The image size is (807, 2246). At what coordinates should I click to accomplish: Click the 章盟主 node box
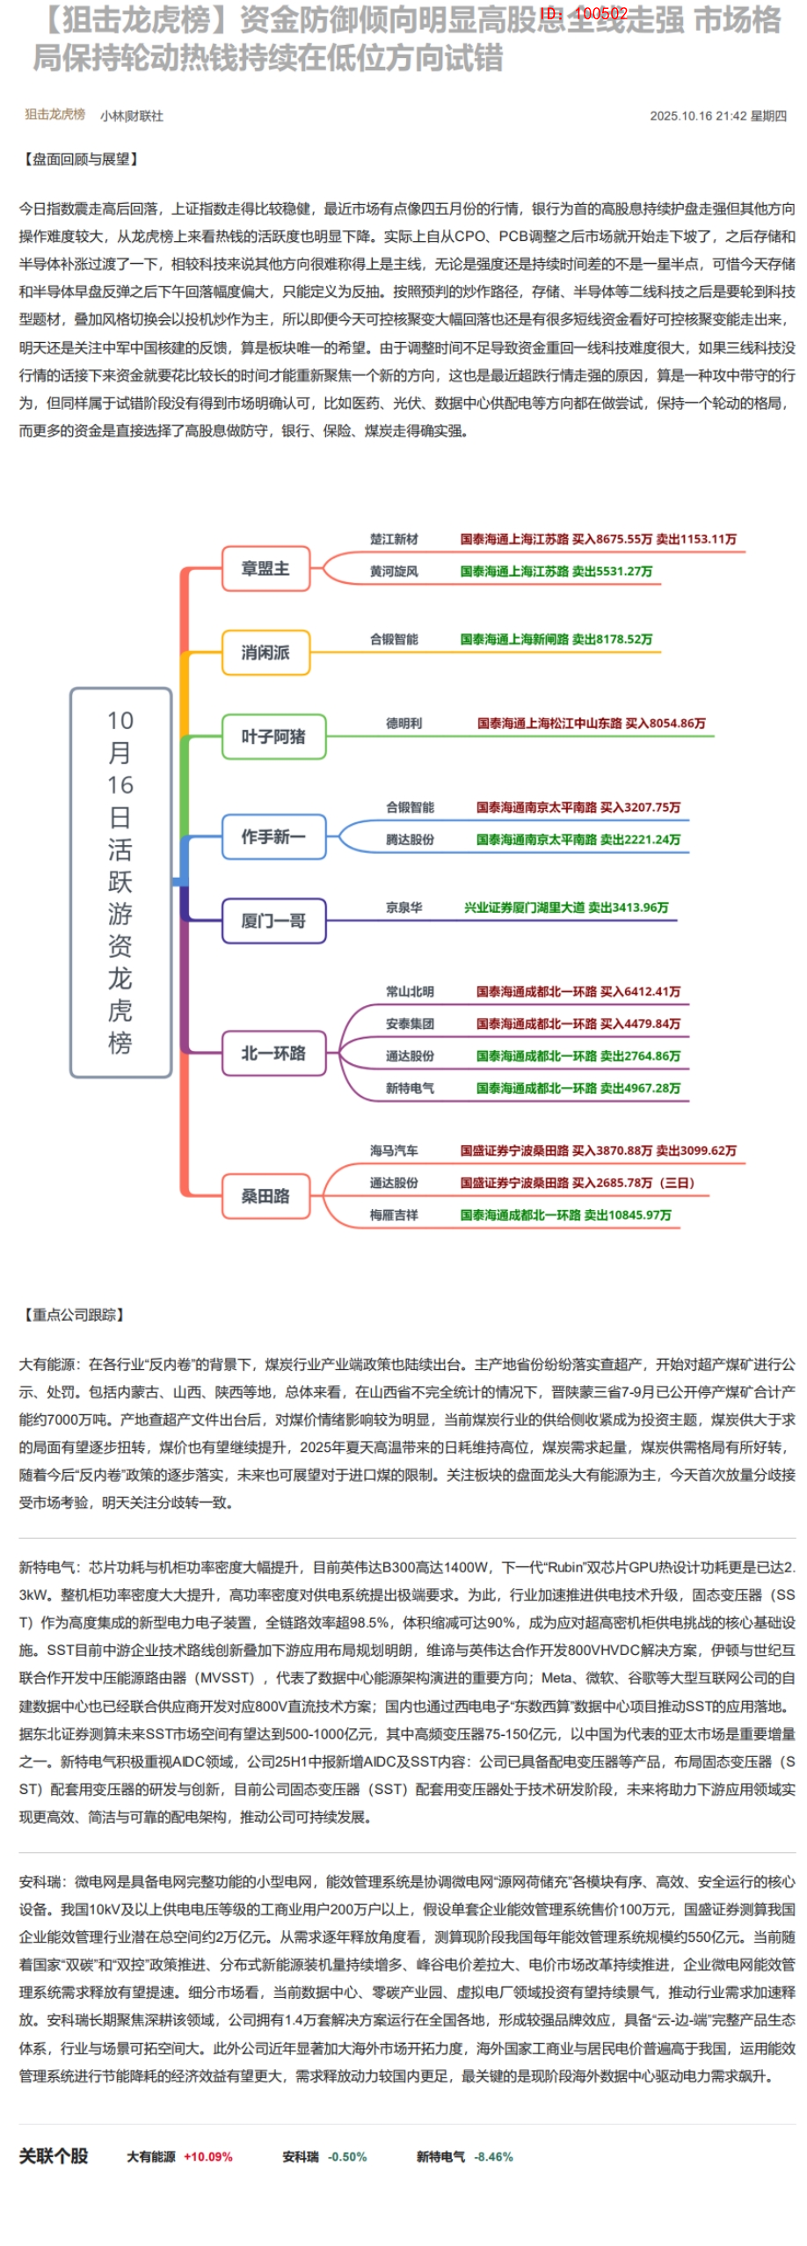[265, 569]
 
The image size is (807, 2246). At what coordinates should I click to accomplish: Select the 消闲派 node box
[265, 653]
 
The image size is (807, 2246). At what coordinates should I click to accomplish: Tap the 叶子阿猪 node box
[273, 736]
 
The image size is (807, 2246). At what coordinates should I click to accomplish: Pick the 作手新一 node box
[273, 836]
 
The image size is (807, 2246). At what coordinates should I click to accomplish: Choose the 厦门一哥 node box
[273, 921]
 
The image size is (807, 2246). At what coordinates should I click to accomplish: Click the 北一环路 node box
[273, 1053]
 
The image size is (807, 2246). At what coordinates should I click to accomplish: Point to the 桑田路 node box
[265, 1196]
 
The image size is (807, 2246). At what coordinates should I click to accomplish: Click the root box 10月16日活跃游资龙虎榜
[120, 882]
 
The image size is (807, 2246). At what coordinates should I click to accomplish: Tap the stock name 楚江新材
[394, 539]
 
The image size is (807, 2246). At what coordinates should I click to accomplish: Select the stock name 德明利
[403, 723]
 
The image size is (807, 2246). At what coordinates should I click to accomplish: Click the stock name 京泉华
[403, 908]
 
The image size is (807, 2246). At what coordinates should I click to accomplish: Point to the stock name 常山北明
[410, 991]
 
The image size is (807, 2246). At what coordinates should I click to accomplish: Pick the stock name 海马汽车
[394, 1150]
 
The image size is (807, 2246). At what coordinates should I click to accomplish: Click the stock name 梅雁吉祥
[394, 1214]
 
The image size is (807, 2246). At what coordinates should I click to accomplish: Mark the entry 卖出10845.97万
[628, 1214]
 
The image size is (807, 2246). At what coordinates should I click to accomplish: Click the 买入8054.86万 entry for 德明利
[665, 723]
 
